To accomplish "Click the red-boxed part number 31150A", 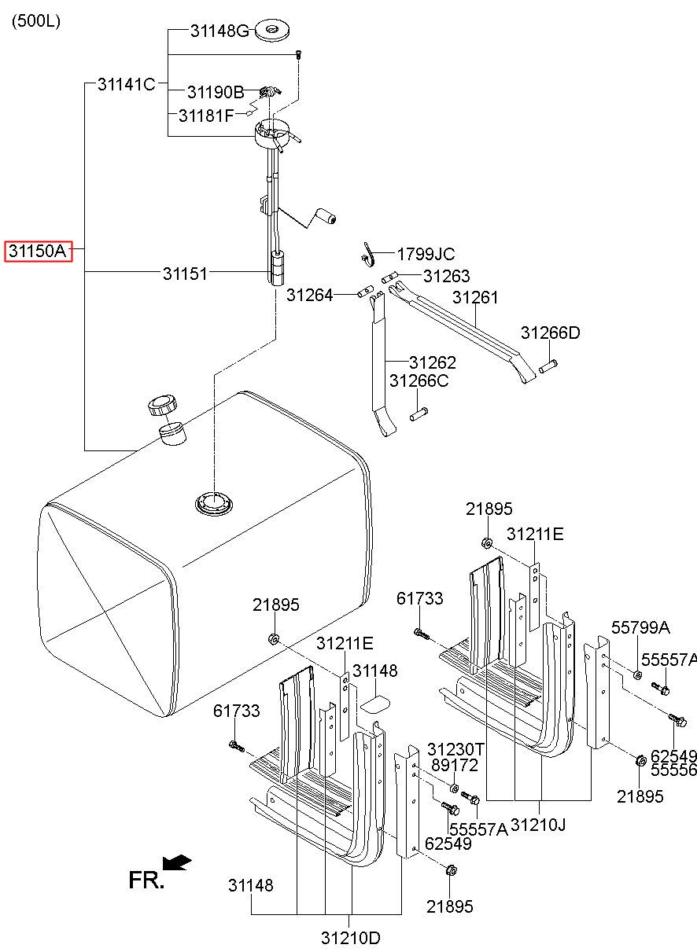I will tap(38, 252).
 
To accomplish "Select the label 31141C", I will tap(126, 84).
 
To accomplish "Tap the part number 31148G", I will tap(219, 31).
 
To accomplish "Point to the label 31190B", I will tap(216, 92).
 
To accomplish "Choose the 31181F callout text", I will tap(206, 116).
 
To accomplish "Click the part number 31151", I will tap(185, 274).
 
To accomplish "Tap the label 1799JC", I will tap(425, 255).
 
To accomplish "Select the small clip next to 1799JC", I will tap(367, 255).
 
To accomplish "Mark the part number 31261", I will tap(475, 298).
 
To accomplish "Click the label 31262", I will tap(432, 363).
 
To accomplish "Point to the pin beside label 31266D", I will tap(548, 365).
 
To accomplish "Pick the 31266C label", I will tap(419, 380).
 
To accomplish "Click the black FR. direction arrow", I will tap(179, 862).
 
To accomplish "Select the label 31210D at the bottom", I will tap(350, 938).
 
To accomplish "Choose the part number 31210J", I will tap(538, 825).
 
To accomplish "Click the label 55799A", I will tap(641, 627).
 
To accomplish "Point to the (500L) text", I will tap(35, 21).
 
